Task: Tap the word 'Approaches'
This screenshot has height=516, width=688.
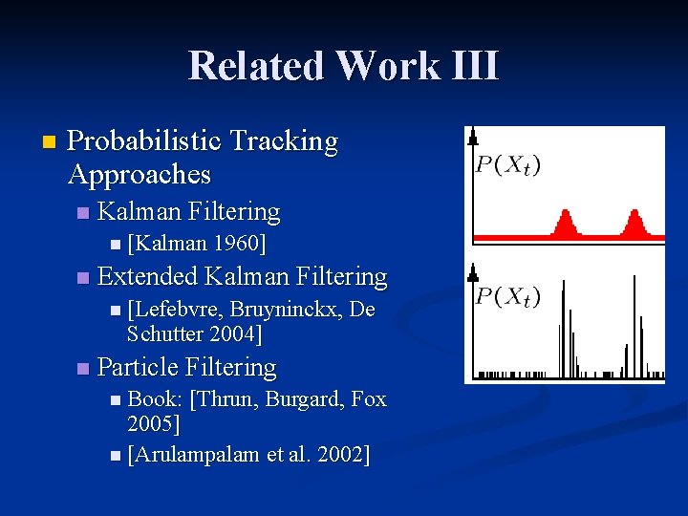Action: [x=140, y=174]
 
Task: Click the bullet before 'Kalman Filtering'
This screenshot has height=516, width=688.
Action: [x=83, y=212]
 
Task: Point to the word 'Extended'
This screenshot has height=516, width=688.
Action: [x=148, y=277]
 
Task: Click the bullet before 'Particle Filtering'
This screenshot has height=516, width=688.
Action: [x=83, y=368]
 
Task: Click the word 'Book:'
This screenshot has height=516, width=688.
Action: [x=156, y=398]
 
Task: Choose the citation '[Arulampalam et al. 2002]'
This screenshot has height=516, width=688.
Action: [x=247, y=454]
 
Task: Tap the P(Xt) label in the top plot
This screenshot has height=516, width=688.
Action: [x=507, y=164]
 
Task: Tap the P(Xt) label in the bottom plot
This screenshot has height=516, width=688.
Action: [x=507, y=296]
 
